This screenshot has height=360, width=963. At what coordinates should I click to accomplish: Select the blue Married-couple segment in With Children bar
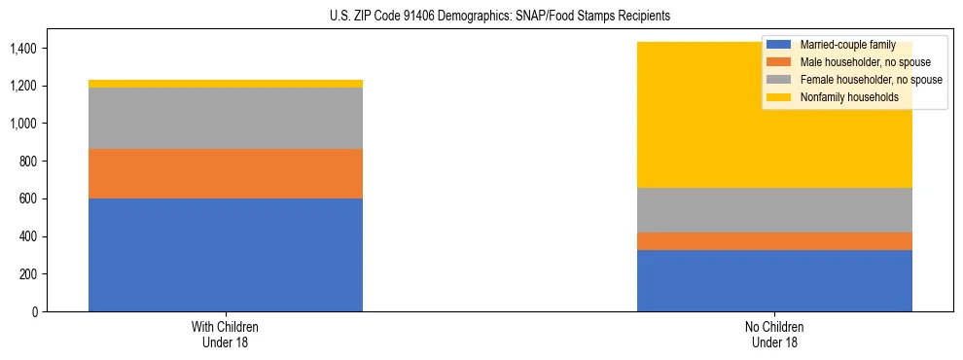[x=226, y=255]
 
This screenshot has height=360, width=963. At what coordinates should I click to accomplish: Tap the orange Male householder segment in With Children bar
[x=226, y=173]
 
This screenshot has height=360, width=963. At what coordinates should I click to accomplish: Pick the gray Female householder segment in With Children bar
[x=226, y=118]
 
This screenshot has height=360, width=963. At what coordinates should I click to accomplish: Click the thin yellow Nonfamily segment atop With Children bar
[x=226, y=84]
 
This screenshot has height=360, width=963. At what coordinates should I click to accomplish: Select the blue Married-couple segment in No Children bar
[x=774, y=281]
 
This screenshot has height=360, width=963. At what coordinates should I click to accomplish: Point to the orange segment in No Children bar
[x=774, y=241]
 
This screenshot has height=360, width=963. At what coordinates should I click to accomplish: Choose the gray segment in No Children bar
[x=774, y=210]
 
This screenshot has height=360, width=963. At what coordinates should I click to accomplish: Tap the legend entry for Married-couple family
[x=842, y=45]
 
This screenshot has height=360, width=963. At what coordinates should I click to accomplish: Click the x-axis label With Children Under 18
[x=226, y=335]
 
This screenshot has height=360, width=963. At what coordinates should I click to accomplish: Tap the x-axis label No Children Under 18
[x=774, y=335]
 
